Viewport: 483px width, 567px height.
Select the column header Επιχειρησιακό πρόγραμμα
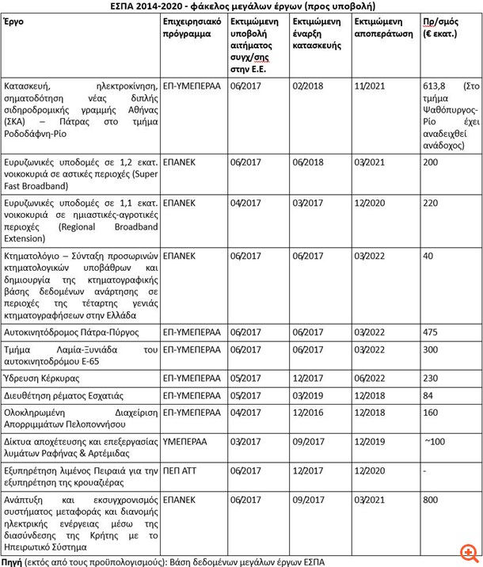pyautogui.click(x=187, y=29)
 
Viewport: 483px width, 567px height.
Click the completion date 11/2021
pyautogui.click(x=367, y=83)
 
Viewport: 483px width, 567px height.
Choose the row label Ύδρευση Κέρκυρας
pyautogui.click(x=40, y=378)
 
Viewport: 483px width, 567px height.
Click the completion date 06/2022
pyautogui.click(x=367, y=378)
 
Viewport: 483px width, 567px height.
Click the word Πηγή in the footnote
pyautogui.click(x=11, y=561)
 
